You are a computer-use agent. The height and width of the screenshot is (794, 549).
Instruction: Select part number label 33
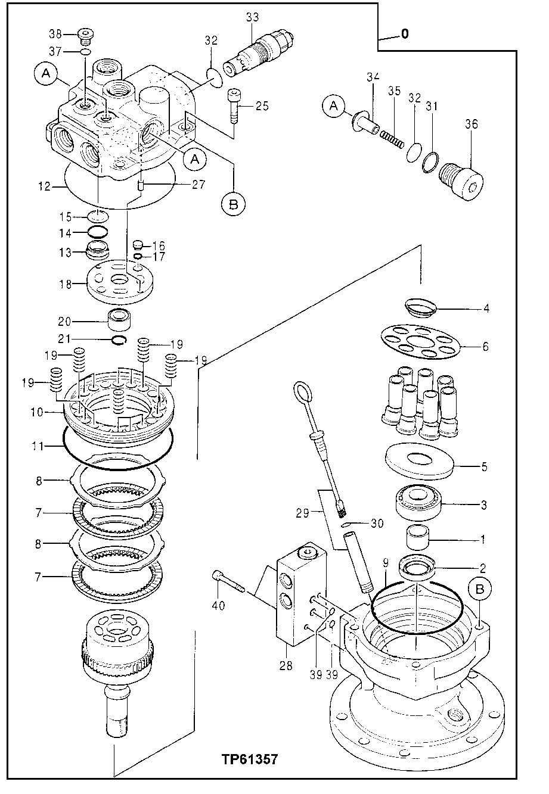tap(252, 18)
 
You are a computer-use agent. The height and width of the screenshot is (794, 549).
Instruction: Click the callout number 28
tap(286, 665)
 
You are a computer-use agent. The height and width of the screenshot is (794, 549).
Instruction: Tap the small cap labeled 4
tap(421, 307)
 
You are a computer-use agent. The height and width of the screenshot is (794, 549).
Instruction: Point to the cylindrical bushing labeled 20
tap(119, 322)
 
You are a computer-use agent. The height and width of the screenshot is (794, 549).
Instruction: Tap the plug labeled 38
tap(87, 36)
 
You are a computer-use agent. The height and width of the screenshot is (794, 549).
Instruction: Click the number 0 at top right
tap(405, 34)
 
